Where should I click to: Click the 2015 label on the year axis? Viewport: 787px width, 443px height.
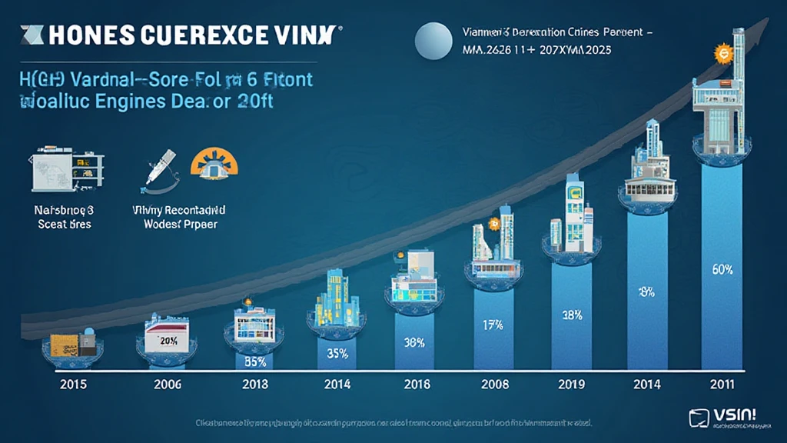click(73, 384)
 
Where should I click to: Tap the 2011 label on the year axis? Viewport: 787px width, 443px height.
click(722, 384)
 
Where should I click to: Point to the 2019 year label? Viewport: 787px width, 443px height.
click(570, 384)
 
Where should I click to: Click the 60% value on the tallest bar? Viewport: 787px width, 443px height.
click(722, 270)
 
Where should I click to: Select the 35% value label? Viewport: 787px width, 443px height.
click(337, 355)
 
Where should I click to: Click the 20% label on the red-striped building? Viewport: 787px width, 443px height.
click(168, 341)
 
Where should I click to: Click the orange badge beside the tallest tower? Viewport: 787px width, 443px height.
click(721, 54)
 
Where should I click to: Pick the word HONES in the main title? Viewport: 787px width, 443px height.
click(85, 37)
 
